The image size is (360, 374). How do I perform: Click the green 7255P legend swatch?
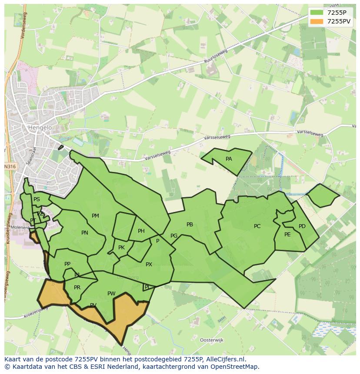point(317,13)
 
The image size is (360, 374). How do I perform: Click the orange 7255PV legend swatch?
point(317,21)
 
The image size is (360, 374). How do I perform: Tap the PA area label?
point(229,159)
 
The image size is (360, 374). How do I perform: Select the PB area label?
point(190,225)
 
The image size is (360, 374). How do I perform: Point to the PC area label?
point(257,226)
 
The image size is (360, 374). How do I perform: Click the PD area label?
point(302,226)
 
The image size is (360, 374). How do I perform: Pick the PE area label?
point(287,235)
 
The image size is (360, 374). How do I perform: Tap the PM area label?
point(95,216)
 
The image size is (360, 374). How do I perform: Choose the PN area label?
point(85,233)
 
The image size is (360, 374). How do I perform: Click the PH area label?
point(141,231)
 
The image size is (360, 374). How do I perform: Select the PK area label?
point(121,248)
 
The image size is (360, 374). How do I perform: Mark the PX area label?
point(149,265)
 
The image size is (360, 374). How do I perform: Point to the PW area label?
point(111,294)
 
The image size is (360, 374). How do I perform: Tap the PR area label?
point(77,288)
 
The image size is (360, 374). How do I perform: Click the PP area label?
point(67,264)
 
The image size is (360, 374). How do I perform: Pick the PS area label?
point(37,199)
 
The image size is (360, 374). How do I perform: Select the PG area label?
point(174,236)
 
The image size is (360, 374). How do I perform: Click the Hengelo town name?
point(40,128)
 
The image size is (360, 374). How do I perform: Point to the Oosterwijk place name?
point(211,340)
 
